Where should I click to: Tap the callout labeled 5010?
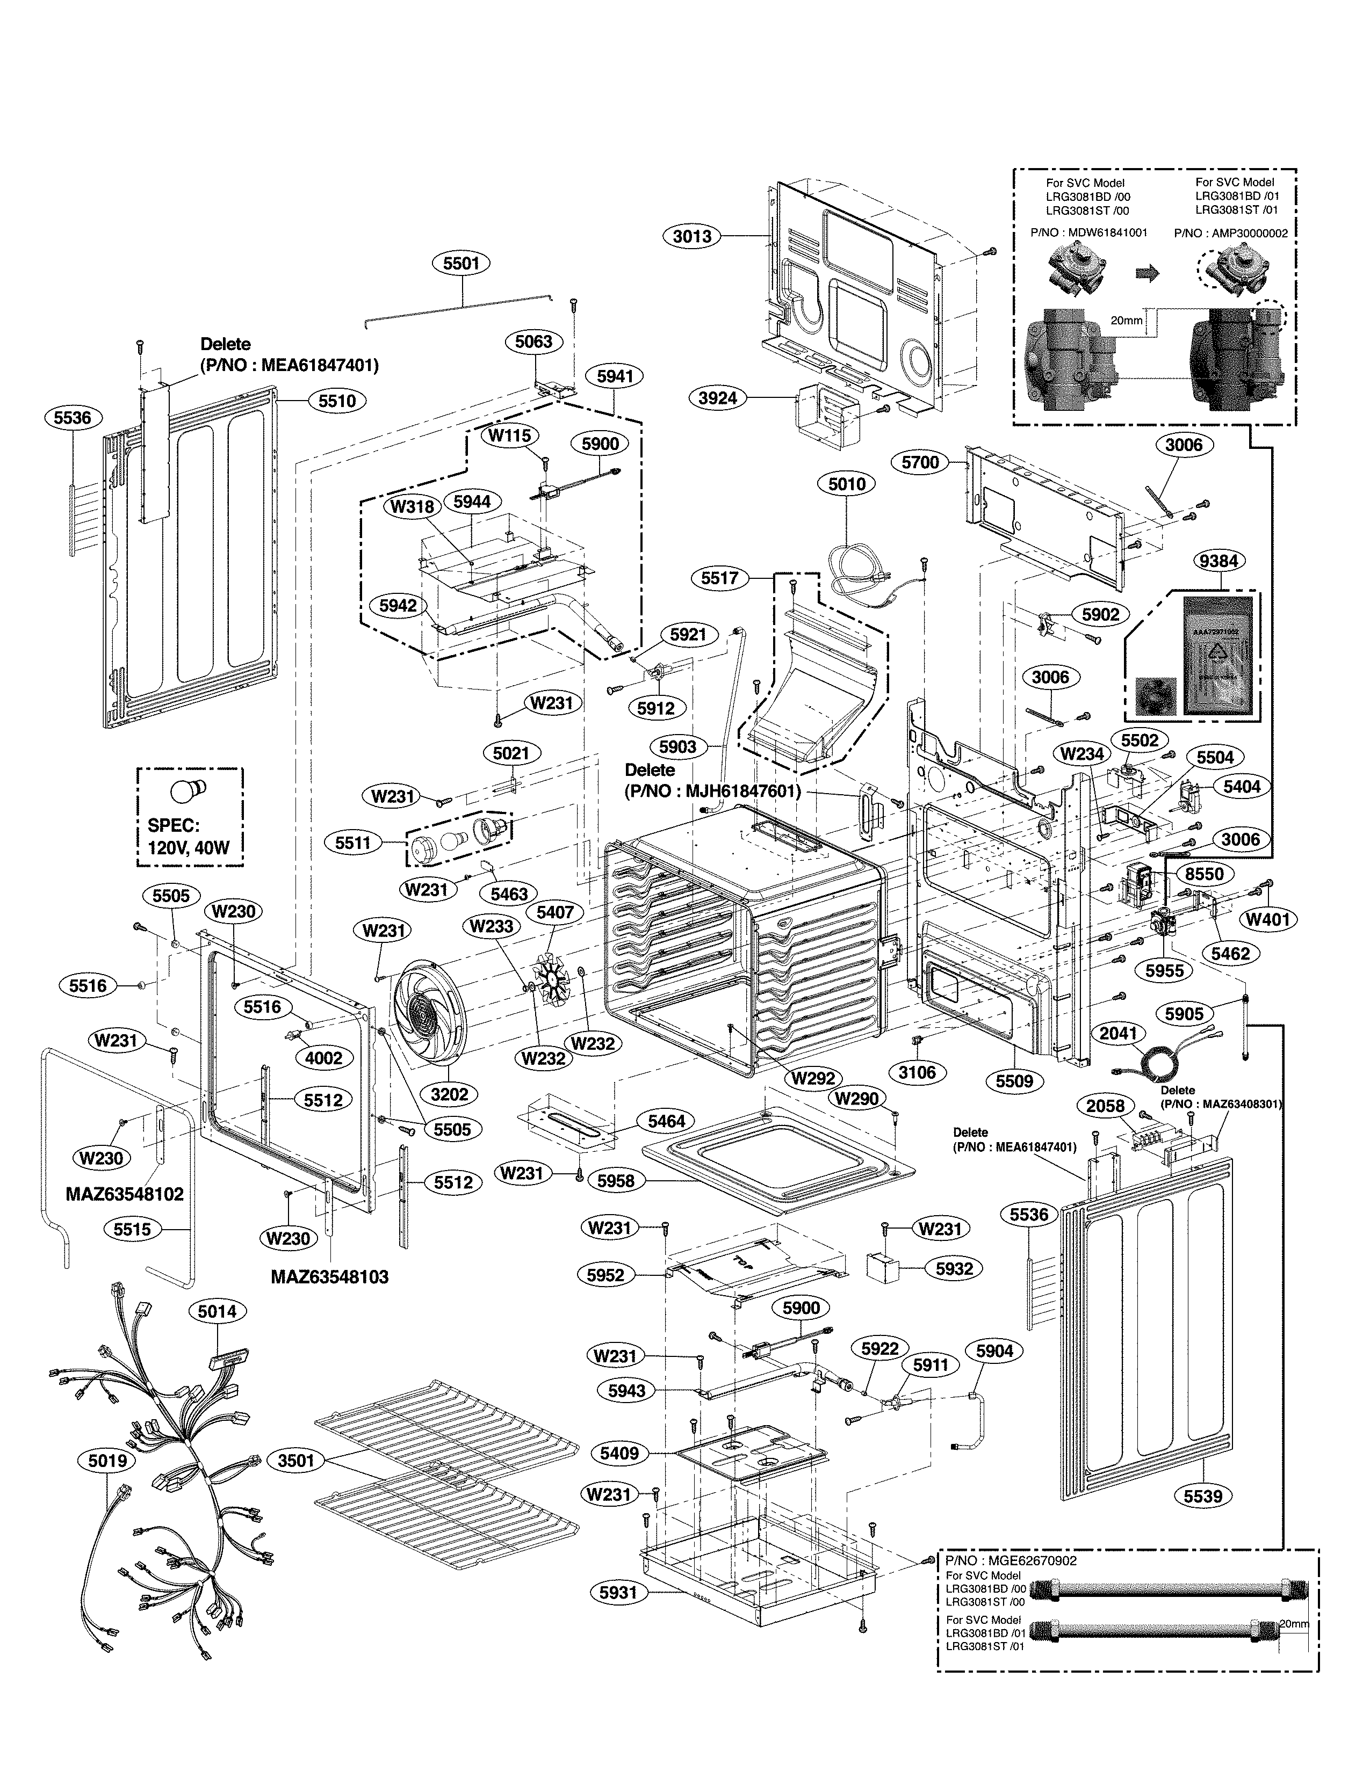pos(847,484)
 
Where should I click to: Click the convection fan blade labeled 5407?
pos(551,983)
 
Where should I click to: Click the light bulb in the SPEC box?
pos(188,789)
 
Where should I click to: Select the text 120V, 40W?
pos(188,848)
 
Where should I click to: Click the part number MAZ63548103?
pos(329,1277)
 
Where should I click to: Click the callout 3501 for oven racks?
pos(295,1461)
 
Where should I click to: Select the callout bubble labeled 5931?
pos(618,1615)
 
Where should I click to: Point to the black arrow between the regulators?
pos(1147,274)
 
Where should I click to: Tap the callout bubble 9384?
pos(1218,561)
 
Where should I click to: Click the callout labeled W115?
pos(510,435)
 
